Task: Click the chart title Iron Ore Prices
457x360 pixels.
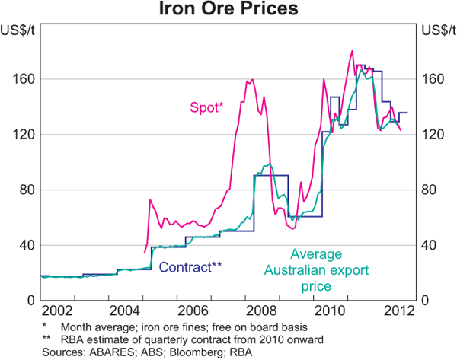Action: coord(228,10)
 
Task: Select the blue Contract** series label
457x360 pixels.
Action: coord(190,266)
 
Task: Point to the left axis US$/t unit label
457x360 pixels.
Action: coord(16,30)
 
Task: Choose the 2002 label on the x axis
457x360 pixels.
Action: coord(57,312)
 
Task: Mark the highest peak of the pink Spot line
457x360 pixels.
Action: coord(352,51)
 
